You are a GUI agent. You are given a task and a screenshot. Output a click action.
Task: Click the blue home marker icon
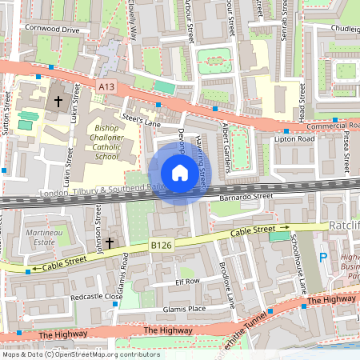click(x=179, y=173)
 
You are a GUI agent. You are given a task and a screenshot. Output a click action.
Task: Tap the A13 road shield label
click(x=106, y=86)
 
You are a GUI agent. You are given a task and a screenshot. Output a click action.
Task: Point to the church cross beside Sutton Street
click(x=58, y=102)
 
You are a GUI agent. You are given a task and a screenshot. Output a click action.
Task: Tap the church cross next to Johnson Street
click(x=110, y=242)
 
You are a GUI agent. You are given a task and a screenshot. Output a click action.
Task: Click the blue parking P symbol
click(x=323, y=258)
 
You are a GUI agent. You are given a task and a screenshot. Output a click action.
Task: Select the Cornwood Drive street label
click(x=52, y=30)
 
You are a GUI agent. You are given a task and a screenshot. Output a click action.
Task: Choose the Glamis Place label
click(x=185, y=309)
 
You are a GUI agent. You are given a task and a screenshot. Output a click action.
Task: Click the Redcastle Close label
click(x=96, y=296)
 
